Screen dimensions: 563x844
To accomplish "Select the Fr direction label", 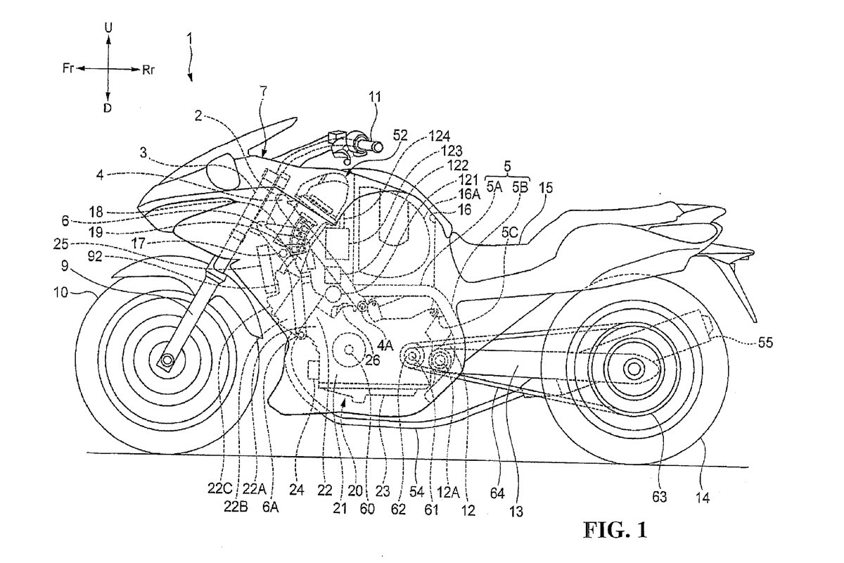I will tap(68, 69).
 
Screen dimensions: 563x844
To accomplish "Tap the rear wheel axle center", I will tap(632, 367).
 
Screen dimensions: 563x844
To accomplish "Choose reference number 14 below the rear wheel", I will tap(704, 497).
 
